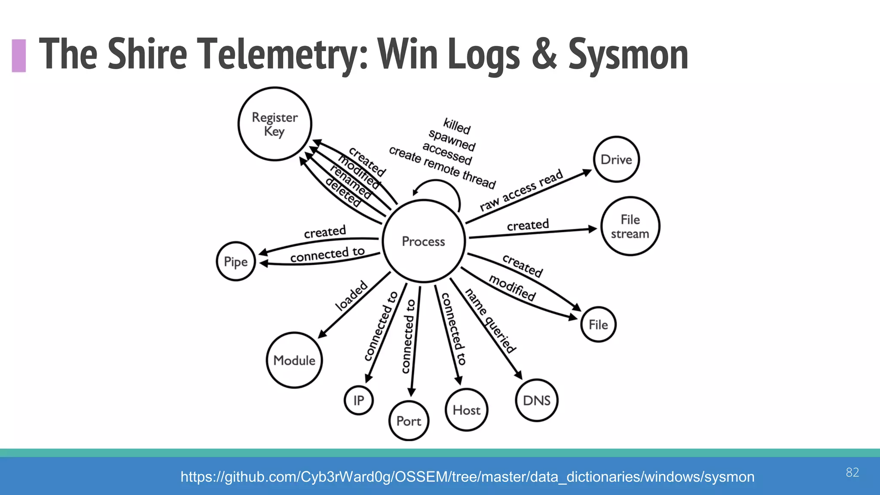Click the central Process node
coord(423,241)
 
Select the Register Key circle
coord(275,124)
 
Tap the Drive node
coord(616,159)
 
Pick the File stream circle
coord(630,226)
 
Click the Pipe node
coord(236,262)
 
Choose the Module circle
coord(294,360)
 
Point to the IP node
coord(358,400)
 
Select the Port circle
coord(409,421)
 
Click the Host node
coord(466,410)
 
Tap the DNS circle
coord(536,400)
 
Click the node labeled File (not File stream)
coord(598,324)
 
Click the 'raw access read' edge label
coord(521,190)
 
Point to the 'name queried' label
coord(490,321)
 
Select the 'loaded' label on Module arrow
coord(351,296)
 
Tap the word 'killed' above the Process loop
coord(457,125)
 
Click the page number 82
coord(852,472)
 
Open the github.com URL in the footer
coord(467,477)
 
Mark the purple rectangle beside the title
coord(19,55)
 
